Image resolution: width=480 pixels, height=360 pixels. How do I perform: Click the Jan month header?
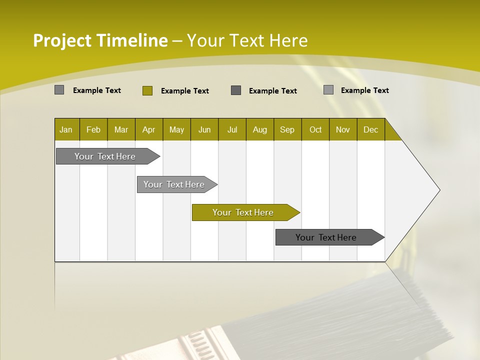(x=66, y=129)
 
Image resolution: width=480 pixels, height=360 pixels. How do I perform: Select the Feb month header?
(x=93, y=129)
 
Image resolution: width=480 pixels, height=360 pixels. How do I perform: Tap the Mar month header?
(x=121, y=129)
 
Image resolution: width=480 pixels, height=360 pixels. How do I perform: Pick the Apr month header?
(x=148, y=129)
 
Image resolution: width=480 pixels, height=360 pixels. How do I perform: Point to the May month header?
(x=176, y=129)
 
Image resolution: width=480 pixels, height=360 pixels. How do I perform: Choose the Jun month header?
(x=204, y=129)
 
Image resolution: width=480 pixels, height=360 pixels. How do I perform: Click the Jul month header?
(x=232, y=129)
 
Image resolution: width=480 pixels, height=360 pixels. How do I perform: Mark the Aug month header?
(x=259, y=129)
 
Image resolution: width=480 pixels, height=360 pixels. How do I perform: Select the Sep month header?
(x=287, y=129)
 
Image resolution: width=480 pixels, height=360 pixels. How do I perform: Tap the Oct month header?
(x=315, y=129)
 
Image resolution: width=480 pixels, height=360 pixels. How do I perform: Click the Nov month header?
(x=343, y=129)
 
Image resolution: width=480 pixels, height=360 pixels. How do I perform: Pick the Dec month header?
(x=370, y=129)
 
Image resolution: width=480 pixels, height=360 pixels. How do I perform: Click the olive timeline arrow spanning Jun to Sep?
(x=243, y=212)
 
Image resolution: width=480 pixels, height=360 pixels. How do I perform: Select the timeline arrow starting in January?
(x=105, y=156)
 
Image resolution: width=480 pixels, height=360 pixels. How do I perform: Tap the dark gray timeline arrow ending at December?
(x=326, y=237)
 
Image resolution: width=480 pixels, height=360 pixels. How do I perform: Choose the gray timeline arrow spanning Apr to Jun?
(x=174, y=184)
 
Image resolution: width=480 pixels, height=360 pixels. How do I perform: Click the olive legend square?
(x=147, y=90)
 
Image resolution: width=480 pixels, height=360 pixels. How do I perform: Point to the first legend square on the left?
(x=59, y=90)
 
